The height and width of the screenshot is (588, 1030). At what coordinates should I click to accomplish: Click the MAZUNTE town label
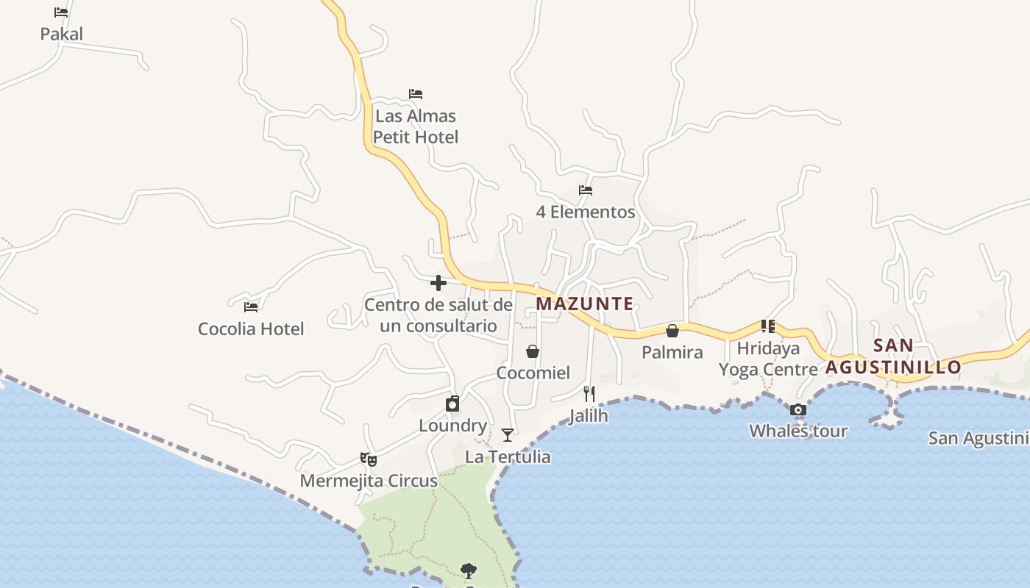pyautogui.click(x=585, y=304)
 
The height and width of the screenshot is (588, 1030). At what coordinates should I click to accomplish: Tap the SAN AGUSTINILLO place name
pyautogui.click(x=893, y=356)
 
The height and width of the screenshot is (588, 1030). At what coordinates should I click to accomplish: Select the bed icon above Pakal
pyautogui.click(x=61, y=12)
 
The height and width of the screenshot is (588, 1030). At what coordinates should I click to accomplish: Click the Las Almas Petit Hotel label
pyautogui.click(x=416, y=126)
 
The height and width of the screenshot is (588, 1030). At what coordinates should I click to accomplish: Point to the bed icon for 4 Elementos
pyautogui.click(x=586, y=190)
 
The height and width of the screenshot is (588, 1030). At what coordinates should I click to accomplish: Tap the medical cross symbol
pyautogui.click(x=438, y=283)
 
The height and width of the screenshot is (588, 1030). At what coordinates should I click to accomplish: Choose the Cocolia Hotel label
pyautogui.click(x=251, y=329)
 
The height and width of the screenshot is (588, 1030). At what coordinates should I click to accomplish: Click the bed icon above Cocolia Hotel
pyautogui.click(x=251, y=306)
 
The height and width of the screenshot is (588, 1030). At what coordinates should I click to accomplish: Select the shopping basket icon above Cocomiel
pyautogui.click(x=533, y=351)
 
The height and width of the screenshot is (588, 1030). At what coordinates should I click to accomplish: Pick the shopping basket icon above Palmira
pyautogui.click(x=672, y=331)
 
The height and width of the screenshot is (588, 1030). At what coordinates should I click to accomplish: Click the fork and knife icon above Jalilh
pyautogui.click(x=589, y=394)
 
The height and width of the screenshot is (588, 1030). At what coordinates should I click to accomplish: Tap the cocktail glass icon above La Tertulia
pyautogui.click(x=508, y=435)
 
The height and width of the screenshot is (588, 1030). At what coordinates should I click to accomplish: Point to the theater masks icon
pyautogui.click(x=369, y=459)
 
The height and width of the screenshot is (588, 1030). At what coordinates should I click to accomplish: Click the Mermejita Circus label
pyautogui.click(x=369, y=481)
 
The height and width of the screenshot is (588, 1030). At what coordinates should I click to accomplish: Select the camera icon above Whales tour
pyautogui.click(x=798, y=410)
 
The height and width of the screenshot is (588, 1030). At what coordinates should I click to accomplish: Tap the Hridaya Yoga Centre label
pyautogui.click(x=768, y=359)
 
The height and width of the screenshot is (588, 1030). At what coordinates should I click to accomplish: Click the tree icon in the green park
pyautogui.click(x=468, y=570)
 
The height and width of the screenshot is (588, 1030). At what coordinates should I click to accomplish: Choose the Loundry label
pyautogui.click(x=452, y=426)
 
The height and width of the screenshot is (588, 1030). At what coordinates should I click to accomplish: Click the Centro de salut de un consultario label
pyautogui.click(x=438, y=315)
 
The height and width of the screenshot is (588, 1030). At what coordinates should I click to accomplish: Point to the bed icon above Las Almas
pyautogui.click(x=416, y=94)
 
